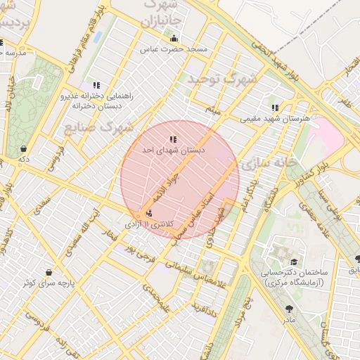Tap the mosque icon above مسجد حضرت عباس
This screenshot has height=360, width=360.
[x=174, y=38]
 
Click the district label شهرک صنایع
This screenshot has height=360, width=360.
[x=98, y=127]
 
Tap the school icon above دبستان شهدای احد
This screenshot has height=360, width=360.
[x=173, y=139]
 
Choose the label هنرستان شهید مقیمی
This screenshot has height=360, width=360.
[x=275, y=119]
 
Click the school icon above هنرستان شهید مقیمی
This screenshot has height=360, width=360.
[x=275, y=108]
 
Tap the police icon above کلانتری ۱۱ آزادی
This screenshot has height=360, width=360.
[x=148, y=213]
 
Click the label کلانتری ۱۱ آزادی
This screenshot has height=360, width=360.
[x=148, y=224]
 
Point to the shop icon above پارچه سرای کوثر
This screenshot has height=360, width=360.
[x=49, y=272]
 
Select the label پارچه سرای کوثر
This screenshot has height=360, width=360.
[x=47, y=283]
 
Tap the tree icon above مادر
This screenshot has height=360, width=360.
[x=289, y=309]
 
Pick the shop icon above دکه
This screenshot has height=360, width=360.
[x=25, y=148]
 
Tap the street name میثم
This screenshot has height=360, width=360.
[x=213, y=111]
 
